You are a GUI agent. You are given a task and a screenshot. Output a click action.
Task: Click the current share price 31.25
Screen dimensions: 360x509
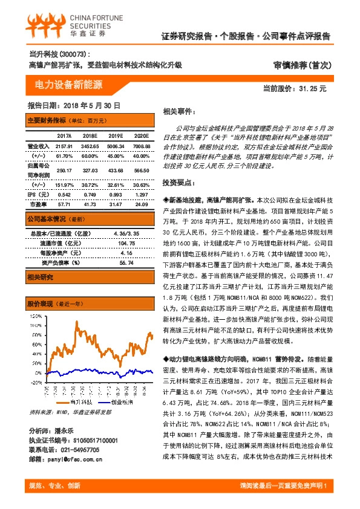(312, 89)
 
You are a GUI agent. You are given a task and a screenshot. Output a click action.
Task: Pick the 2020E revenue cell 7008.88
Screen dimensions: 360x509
(140, 146)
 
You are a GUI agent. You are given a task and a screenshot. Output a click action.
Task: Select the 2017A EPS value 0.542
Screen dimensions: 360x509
(64, 195)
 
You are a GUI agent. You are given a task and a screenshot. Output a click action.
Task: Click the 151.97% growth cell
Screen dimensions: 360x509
(64, 184)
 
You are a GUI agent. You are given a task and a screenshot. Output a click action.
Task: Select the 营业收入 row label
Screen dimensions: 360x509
(38, 146)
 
